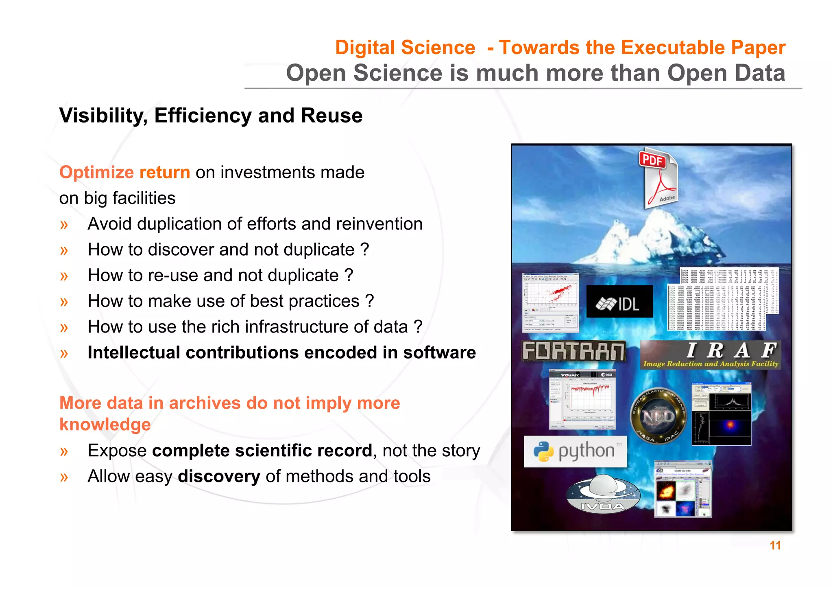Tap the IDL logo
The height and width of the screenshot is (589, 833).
coord(619,302)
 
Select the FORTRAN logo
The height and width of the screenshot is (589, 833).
coord(574,351)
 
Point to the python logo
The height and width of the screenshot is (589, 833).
coord(575,451)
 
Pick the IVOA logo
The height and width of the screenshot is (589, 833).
coord(603,495)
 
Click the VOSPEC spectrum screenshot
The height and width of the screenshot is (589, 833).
coord(582,399)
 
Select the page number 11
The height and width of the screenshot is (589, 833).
coord(775,545)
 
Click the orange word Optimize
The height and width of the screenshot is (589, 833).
coord(96,173)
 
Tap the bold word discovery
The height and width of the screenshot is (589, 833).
coord(219,477)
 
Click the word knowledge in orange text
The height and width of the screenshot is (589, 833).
coord(105,425)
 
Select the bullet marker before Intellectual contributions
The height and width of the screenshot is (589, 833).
coord(64,353)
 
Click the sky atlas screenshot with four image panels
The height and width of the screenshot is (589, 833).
coord(683,489)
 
